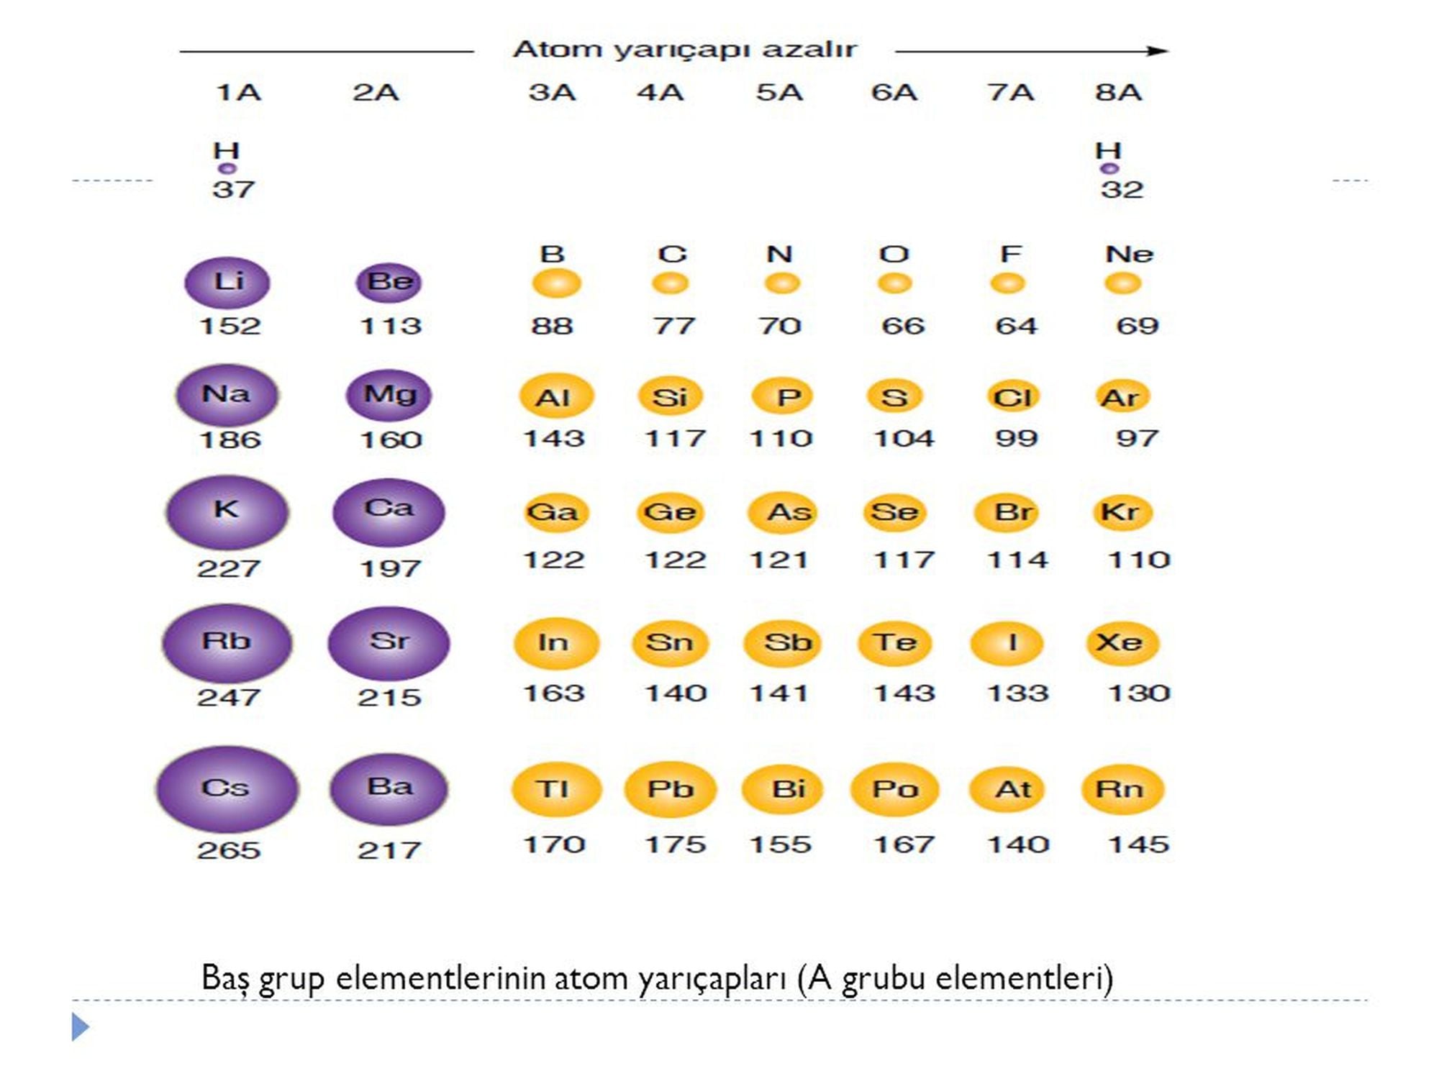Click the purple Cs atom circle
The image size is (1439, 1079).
(x=227, y=788)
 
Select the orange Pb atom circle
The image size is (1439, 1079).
(x=670, y=789)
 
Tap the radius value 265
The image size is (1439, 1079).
(x=229, y=850)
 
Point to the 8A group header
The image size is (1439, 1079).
(x=1118, y=93)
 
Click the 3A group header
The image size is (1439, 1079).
(x=552, y=93)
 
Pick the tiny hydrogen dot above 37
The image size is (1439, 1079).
(x=227, y=169)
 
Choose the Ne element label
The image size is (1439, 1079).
(x=1129, y=254)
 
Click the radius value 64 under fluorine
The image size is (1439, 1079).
(x=1016, y=326)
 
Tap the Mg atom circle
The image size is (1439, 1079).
(x=389, y=395)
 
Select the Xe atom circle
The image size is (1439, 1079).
(x=1122, y=642)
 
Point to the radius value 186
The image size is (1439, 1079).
(x=230, y=440)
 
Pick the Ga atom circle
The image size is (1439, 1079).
(x=553, y=512)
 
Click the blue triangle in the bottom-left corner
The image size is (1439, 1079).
(x=80, y=1026)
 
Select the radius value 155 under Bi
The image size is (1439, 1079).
(x=780, y=844)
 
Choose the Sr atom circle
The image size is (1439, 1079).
(x=389, y=642)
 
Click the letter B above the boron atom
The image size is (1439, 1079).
(x=552, y=254)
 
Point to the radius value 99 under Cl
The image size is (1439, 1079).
(x=1016, y=438)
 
